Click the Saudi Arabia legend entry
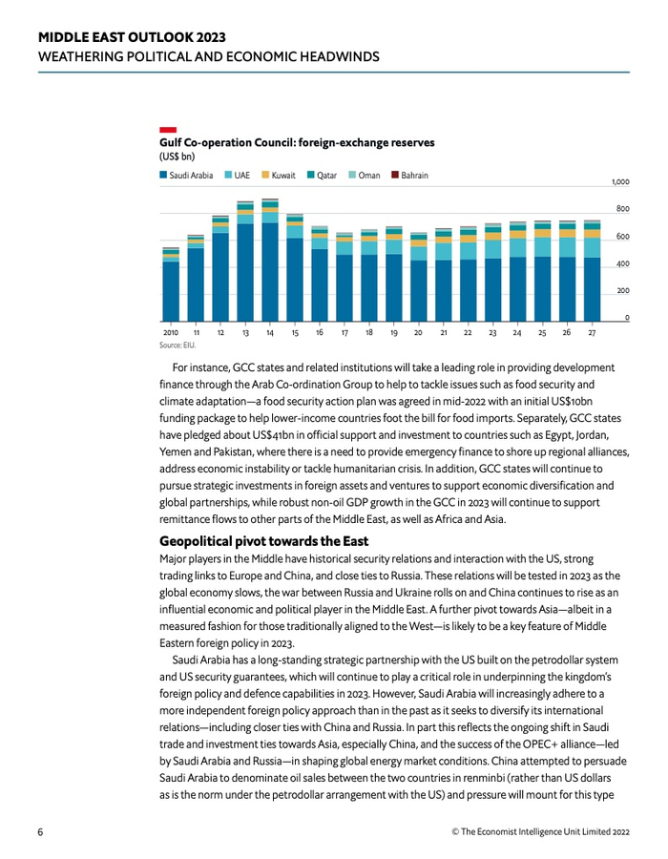pos(187,176)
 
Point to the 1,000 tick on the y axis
pos(620,181)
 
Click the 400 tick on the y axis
pos(622,263)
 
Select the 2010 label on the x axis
pos(171,333)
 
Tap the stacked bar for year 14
pos(270,262)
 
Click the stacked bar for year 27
pos(592,273)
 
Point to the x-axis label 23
pos(492,333)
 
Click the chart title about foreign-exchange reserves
pos(297,142)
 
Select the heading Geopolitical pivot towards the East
pos(263,542)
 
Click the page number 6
pos(41,831)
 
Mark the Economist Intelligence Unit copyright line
pos(540,831)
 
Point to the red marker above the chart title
pos(167,129)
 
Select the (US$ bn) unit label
pos(177,155)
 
